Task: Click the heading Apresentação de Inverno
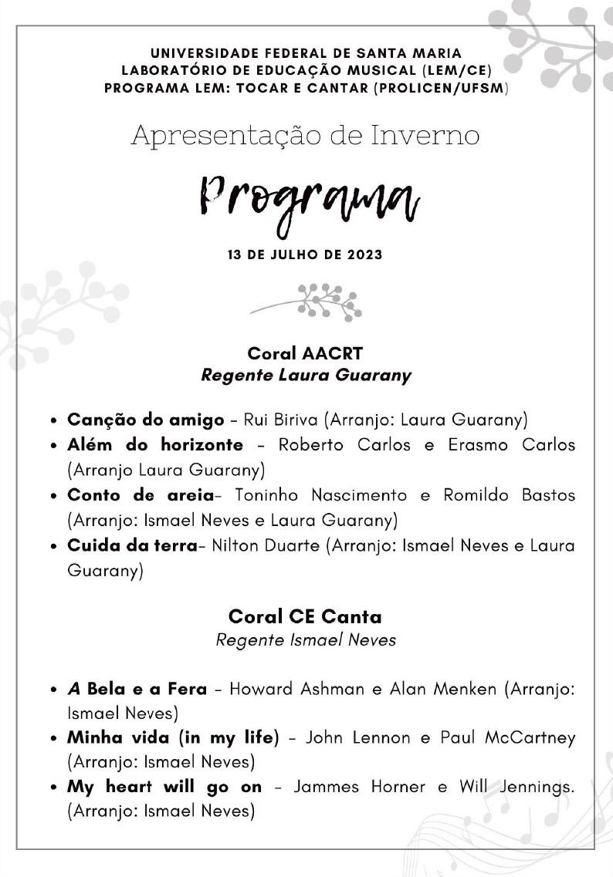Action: point(306,136)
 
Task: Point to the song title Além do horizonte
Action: point(155,445)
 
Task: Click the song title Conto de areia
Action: point(140,494)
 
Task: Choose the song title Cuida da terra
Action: point(132,545)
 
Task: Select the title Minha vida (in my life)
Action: point(173,738)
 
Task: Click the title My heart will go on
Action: point(164,788)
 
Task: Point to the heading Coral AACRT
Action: point(305,353)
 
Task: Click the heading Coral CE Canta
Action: point(305,617)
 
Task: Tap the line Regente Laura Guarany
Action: point(306,376)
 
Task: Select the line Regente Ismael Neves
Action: point(306,640)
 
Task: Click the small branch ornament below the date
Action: point(306,301)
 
